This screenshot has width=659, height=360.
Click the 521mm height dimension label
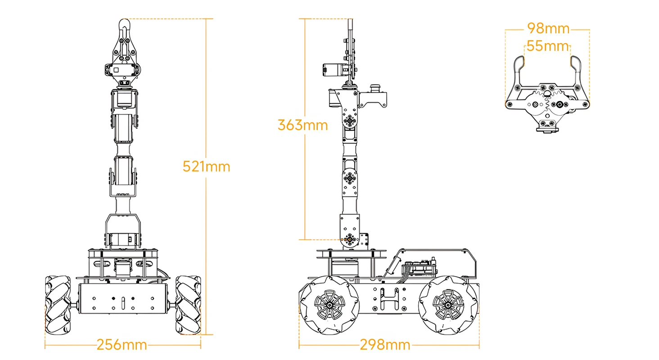tap(206, 166)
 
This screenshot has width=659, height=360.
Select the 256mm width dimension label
tap(122, 345)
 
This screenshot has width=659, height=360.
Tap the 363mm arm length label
tap(302, 125)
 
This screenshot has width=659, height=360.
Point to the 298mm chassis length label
tap(385, 345)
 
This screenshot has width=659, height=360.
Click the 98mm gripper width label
tap(548, 29)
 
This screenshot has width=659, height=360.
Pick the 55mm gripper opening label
tap(547, 46)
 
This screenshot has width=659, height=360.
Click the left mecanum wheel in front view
tap(58, 305)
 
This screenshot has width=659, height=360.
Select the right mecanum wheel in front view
tap(188, 305)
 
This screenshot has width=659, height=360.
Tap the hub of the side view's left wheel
tap(330, 305)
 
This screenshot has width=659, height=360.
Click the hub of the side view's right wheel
tap(448, 305)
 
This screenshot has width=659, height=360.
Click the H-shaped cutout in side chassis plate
tap(389, 299)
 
